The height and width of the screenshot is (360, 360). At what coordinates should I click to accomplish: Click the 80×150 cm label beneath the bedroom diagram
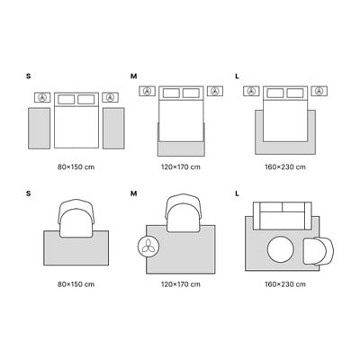coord(76,167)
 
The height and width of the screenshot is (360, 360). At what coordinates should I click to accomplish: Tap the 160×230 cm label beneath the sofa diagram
coord(285,284)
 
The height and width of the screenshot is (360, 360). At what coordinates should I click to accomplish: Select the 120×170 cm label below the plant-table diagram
coord(181,284)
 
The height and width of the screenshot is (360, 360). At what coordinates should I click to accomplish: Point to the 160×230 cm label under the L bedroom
coord(285,167)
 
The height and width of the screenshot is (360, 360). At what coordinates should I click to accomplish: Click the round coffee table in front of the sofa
coord(281,248)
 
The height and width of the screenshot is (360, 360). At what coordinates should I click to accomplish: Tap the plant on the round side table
coord(148,247)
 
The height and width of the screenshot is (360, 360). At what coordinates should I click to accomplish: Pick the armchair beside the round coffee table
coord(318,251)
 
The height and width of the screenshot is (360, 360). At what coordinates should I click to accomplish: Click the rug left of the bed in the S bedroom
coord(39,128)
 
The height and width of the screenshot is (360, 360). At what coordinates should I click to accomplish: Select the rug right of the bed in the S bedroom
coord(113,128)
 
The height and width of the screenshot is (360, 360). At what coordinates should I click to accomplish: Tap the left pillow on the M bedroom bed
coord(171,93)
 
